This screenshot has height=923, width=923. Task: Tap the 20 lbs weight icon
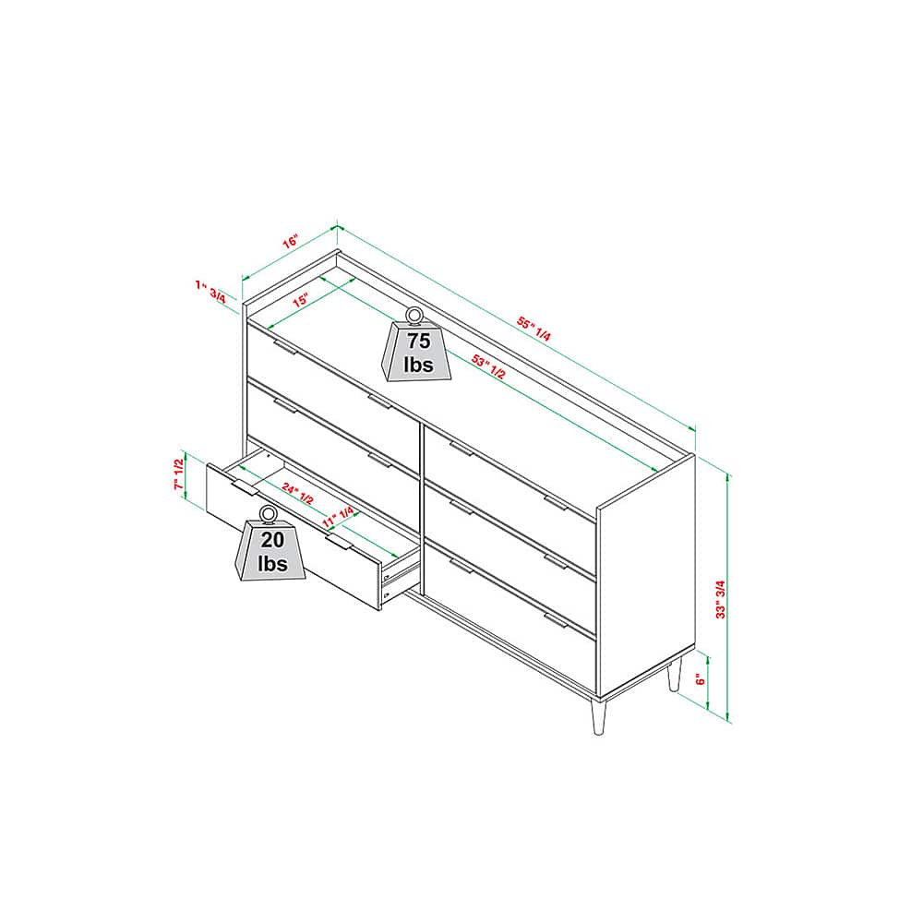click(270, 544)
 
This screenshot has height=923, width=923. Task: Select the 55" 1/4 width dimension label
click(533, 329)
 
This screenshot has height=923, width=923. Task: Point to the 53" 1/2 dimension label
click(488, 366)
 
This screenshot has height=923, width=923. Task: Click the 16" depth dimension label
click(291, 241)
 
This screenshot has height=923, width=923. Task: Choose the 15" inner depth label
click(300, 300)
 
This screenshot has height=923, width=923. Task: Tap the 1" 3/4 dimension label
click(210, 292)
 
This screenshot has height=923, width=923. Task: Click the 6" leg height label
click(701, 679)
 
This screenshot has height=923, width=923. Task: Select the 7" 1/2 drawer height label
click(178, 474)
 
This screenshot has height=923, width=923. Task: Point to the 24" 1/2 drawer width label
click(297, 493)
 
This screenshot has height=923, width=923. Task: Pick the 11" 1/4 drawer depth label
click(339, 516)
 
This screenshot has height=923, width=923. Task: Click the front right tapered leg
click(599, 716)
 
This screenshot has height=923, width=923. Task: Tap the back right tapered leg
click(675, 675)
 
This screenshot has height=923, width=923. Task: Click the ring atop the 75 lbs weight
click(415, 315)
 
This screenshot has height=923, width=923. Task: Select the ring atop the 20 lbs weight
click(269, 513)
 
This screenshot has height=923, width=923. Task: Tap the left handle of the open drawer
click(245, 488)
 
